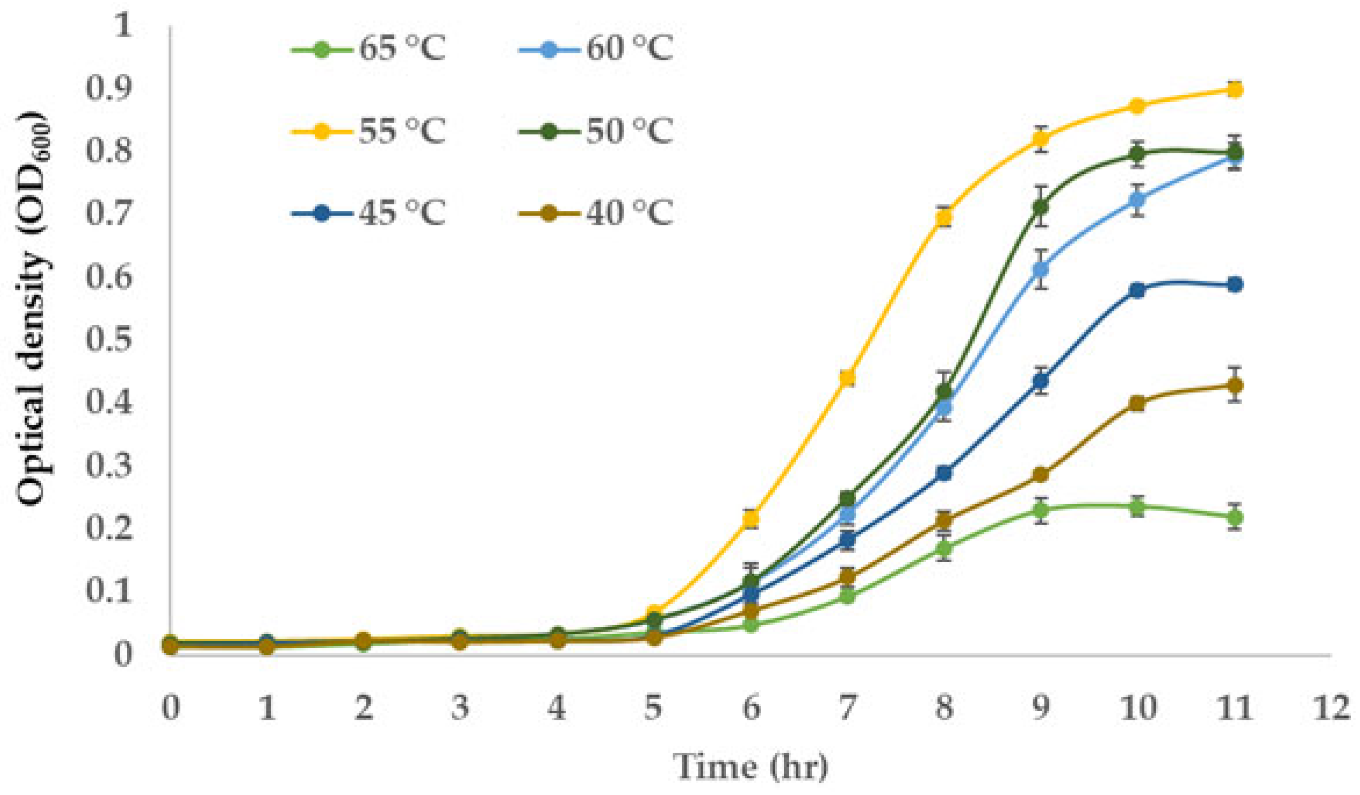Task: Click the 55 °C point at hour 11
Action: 1235,90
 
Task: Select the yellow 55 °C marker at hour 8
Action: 944,217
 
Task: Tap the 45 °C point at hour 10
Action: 1138,290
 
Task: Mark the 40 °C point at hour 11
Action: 1235,386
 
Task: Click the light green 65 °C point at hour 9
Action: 1041,510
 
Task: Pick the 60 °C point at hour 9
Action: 1041,269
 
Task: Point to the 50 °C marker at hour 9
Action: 1041,207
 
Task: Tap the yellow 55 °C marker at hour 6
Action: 751,519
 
